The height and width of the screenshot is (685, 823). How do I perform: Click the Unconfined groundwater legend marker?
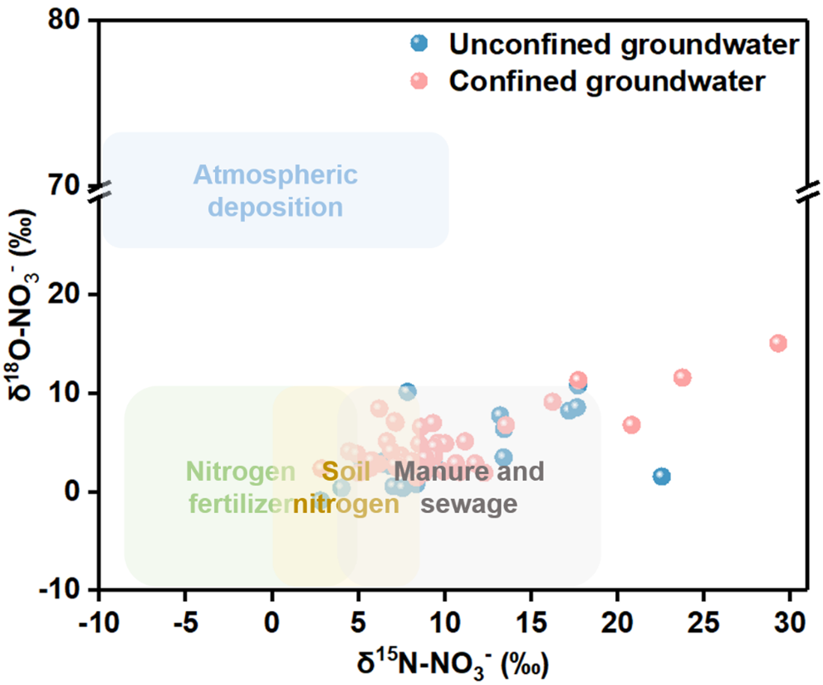point(420,43)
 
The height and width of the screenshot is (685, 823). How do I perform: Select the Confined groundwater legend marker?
point(420,81)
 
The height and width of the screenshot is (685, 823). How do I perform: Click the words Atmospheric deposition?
point(276,190)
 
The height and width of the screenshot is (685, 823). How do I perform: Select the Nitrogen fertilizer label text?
point(240,487)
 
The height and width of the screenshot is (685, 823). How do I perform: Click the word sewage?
point(469,504)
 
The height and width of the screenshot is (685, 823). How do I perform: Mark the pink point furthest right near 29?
point(778,343)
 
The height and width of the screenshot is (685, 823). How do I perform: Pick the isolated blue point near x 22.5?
point(661,477)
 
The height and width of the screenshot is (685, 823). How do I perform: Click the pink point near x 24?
point(683,378)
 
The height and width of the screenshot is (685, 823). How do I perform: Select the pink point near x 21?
point(631,424)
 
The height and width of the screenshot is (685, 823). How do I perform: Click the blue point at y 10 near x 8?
point(407,391)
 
